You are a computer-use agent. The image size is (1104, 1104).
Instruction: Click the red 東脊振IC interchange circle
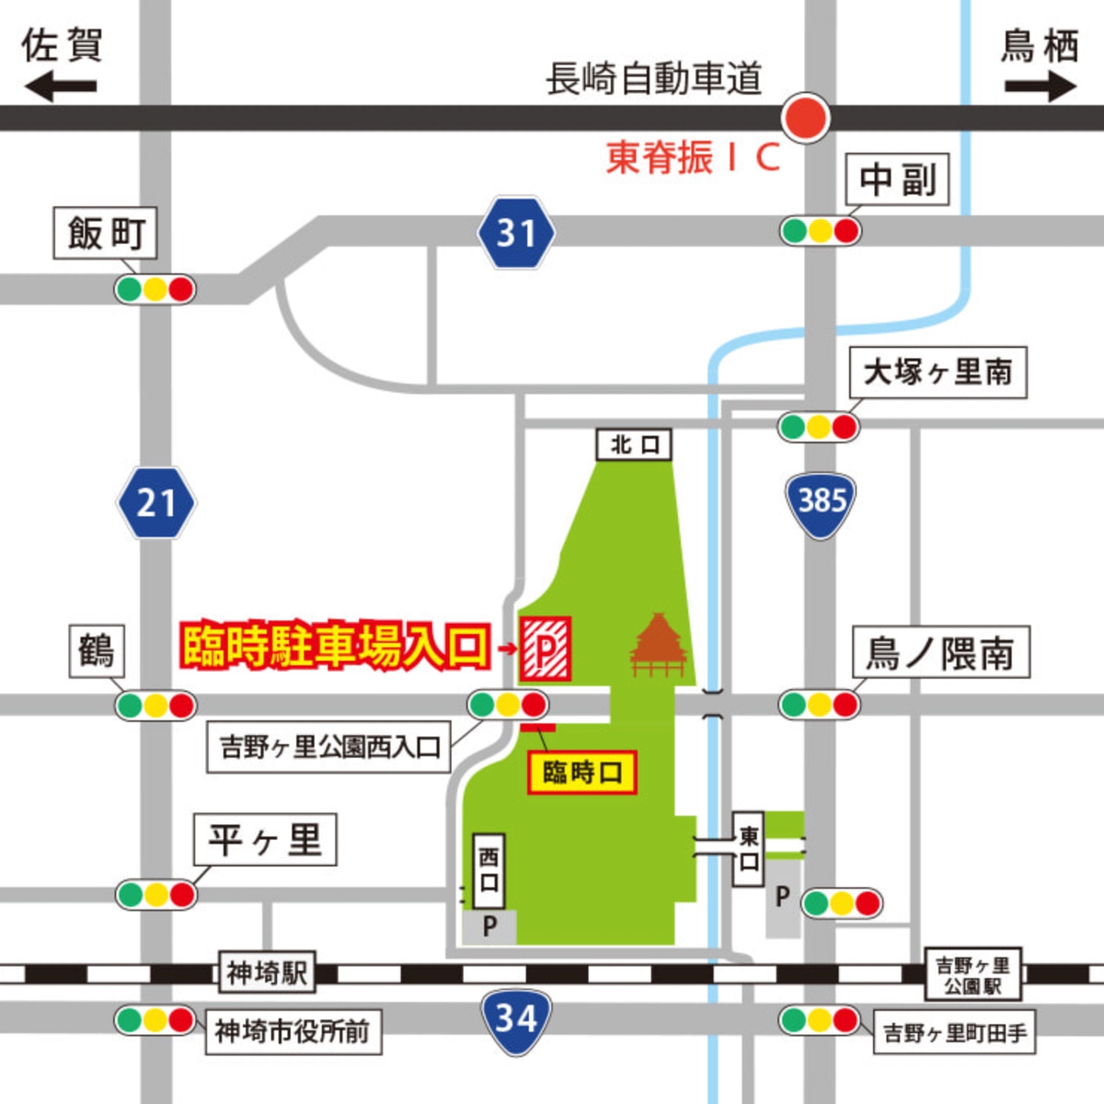pyautogui.click(x=806, y=118)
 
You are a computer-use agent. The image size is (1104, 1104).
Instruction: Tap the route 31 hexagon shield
pyautogui.click(x=516, y=233)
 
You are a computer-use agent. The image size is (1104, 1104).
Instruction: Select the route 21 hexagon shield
pyautogui.click(x=155, y=503)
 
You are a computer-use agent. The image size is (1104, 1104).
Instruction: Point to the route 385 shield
pyautogui.click(x=822, y=502)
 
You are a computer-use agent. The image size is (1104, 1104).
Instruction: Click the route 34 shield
pyautogui.click(x=516, y=1018)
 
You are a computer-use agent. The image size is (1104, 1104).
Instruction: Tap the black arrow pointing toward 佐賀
pyautogui.click(x=60, y=88)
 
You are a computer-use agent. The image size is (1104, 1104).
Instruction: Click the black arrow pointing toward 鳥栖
pyautogui.click(x=1040, y=88)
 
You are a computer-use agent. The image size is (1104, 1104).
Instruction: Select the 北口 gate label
pyautogui.click(x=635, y=444)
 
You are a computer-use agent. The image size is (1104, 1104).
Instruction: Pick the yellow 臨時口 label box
pyautogui.click(x=581, y=772)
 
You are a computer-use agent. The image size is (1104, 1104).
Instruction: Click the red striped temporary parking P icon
pyautogui.click(x=546, y=650)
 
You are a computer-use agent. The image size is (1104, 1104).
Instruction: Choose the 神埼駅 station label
pyautogui.click(x=267, y=972)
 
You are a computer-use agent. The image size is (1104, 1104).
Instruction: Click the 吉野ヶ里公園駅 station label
pyautogui.click(x=972, y=975)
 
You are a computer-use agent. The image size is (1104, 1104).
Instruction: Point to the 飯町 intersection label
pyautogui.click(x=105, y=234)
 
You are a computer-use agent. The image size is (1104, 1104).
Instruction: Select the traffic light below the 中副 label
pyautogui.click(x=821, y=230)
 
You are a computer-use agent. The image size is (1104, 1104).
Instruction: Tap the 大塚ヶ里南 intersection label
pyautogui.click(x=937, y=373)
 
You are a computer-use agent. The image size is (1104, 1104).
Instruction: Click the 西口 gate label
pyautogui.click(x=489, y=870)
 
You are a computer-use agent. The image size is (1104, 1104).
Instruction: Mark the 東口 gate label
pyautogui.click(x=749, y=848)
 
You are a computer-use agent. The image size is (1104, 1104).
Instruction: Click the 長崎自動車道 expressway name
pyautogui.click(x=653, y=78)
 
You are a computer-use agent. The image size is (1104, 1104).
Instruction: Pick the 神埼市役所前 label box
pyautogui.click(x=293, y=1031)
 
